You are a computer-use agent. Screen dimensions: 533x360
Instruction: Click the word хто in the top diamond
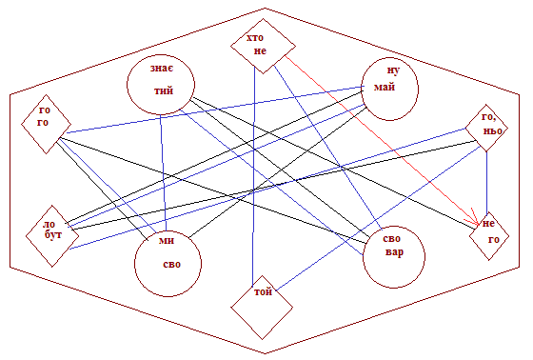(255, 37)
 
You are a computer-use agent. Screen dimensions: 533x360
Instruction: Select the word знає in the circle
(162, 68)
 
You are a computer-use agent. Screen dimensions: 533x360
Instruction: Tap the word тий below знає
(164, 90)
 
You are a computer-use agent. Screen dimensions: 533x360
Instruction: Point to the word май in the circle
(385, 87)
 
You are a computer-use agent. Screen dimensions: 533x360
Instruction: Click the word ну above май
(393, 70)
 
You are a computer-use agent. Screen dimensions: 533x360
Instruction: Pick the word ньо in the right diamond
(492, 130)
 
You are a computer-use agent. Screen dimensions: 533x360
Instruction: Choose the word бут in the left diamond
(53, 234)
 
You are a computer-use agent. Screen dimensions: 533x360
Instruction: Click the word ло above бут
(49, 225)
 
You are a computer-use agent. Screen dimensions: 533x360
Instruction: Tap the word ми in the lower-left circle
(167, 241)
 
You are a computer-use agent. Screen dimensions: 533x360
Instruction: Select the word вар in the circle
(395, 252)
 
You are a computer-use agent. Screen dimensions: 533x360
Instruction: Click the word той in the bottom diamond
(263, 291)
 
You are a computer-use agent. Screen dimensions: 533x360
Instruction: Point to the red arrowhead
(475, 218)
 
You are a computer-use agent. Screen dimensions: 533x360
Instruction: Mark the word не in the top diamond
(260, 51)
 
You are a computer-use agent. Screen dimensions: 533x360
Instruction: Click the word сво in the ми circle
(171, 265)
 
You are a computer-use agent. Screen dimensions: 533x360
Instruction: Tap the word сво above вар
(391, 238)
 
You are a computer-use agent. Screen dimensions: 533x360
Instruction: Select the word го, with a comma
(489, 117)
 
